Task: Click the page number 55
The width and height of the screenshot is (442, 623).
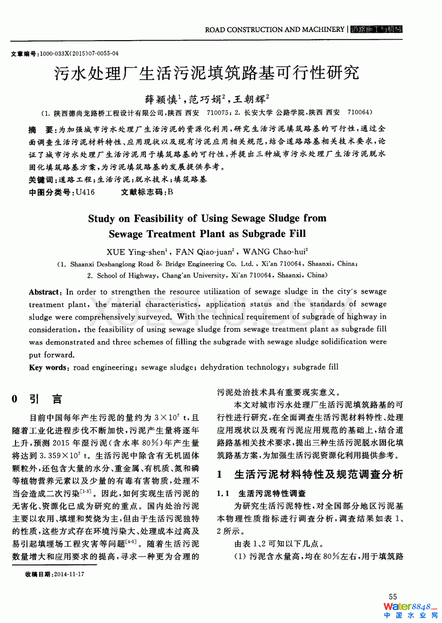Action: (393, 597)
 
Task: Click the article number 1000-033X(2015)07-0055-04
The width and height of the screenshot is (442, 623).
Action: (79, 54)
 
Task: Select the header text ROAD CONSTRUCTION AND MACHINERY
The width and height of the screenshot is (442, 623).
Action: (274, 30)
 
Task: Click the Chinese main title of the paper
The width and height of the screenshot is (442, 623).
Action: (207, 73)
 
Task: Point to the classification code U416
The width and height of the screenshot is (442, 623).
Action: (85, 192)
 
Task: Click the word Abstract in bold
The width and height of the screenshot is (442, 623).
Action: (45, 292)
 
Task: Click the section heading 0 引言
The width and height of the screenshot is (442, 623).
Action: (36, 399)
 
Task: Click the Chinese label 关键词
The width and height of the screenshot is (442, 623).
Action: (41, 180)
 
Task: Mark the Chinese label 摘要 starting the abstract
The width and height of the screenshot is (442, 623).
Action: (41, 129)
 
